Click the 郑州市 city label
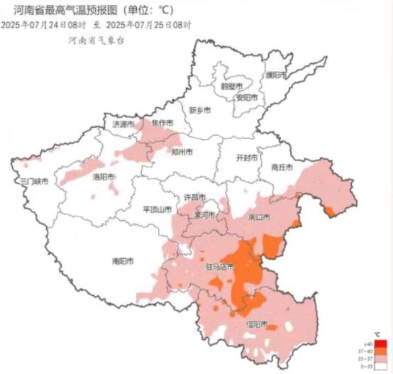182,151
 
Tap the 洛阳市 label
104,177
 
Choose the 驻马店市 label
219,268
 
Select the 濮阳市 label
275,75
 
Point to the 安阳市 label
246,97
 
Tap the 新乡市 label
200,110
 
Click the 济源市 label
123,124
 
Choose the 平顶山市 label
157,209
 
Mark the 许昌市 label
194,197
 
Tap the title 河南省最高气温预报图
67,10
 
